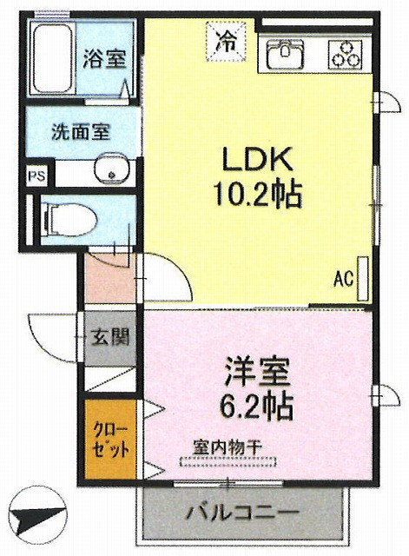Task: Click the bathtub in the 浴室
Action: (53, 58)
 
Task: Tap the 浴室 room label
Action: (104, 59)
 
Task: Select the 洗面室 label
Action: (81, 132)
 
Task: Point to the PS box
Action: (37, 175)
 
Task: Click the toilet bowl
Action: (69, 220)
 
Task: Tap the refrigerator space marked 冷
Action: (226, 41)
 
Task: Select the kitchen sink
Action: (285, 54)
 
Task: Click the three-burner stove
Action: (346, 54)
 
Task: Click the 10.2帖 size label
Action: (257, 195)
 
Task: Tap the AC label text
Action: (344, 279)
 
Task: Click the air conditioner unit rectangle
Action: (363, 279)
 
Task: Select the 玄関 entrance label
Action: (110, 338)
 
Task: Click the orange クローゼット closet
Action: (110, 440)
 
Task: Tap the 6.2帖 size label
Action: (257, 407)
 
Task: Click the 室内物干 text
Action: (228, 448)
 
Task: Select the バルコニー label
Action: (243, 512)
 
